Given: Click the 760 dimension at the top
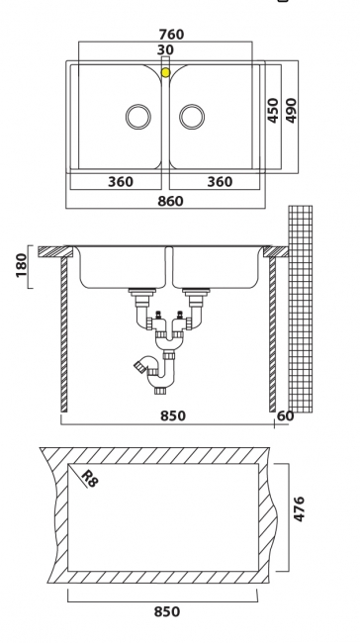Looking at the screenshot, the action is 171,34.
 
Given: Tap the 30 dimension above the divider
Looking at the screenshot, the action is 165,49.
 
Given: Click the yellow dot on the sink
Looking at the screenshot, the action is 165,72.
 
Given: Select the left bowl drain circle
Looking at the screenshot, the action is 138,117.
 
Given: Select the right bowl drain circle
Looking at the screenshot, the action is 192,117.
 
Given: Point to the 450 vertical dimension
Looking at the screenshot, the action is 273,111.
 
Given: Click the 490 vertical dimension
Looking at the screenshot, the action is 291,111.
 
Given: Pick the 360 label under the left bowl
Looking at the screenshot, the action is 121,182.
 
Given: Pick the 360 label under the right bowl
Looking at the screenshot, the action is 220,182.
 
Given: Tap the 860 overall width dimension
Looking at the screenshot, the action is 170,201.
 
